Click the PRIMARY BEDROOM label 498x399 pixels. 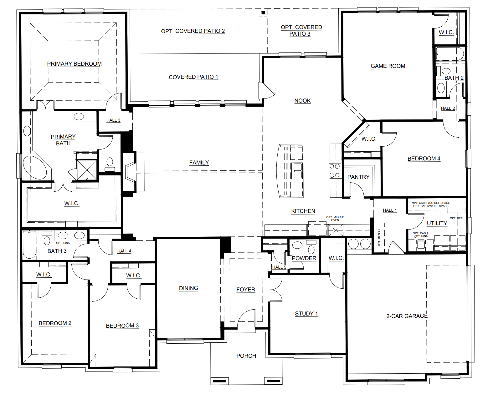(74, 64)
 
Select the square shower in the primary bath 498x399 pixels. (87, 170)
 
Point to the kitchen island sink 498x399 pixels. (297, 171)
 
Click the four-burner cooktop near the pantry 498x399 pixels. (335, 171)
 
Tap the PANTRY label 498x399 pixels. (358, 177)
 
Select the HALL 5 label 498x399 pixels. (279, 267)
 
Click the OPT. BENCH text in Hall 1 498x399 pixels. (379, 238)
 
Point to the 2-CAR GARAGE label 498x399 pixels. (407, 316)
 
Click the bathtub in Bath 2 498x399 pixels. (449, 54)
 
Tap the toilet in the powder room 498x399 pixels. (311, 250)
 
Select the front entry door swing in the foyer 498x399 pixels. (246, 319)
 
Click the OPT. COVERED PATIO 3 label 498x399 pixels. (301, 30)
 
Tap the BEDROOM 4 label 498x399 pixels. (424, 159)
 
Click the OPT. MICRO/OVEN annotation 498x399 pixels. (335, 218)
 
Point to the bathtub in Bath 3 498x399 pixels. (29, 245)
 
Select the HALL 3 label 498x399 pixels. (113, 120)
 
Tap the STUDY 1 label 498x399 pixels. (306, 314)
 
